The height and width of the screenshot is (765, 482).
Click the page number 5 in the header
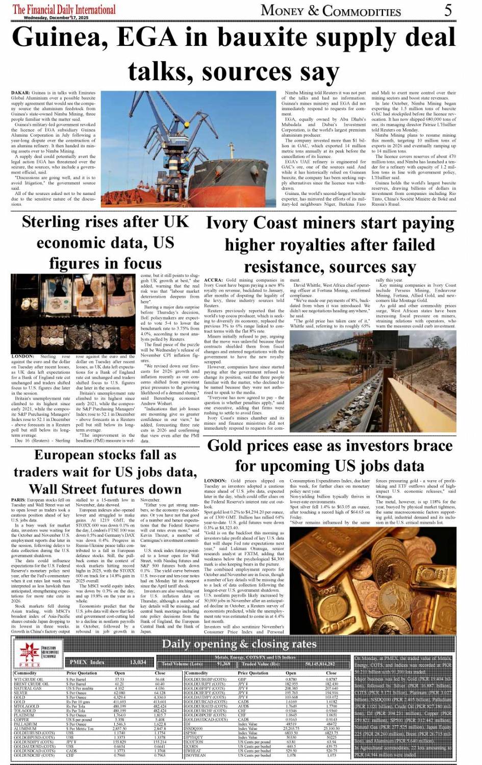coord(447,10)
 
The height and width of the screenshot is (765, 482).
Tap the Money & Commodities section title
coord(331,10)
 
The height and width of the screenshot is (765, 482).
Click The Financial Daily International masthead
coord(64,9)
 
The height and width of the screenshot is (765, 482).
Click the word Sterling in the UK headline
coord(54,222)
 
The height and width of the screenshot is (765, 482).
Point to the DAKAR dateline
coord(20,93)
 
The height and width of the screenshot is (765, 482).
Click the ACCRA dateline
coord(213,280)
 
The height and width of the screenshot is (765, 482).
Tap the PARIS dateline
coord(18,500)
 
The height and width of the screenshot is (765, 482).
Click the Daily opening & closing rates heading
coord(239,644)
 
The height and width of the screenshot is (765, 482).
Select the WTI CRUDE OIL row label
coord(29,680)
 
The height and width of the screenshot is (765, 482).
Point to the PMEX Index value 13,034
coord(138,662)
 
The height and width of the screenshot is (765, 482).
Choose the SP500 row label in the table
coord(191,733)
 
